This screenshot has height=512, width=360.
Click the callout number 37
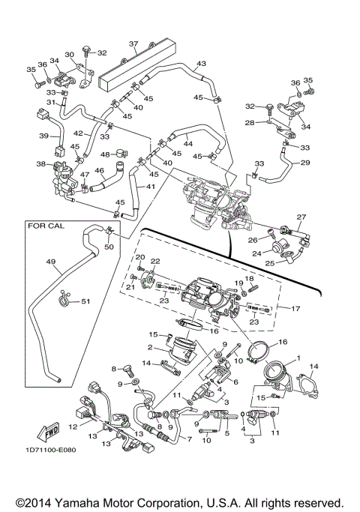[x=133, y=43]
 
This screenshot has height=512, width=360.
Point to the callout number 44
[x=187, y=143]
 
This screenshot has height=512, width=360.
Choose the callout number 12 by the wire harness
[x=73, y=426]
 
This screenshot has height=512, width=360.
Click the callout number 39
[x=43, y=136]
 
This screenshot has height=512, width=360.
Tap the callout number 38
[x=40, y=163]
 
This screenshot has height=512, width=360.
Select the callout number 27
[x=301, y=217]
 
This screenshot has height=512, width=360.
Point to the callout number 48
[x=105, y=154]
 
